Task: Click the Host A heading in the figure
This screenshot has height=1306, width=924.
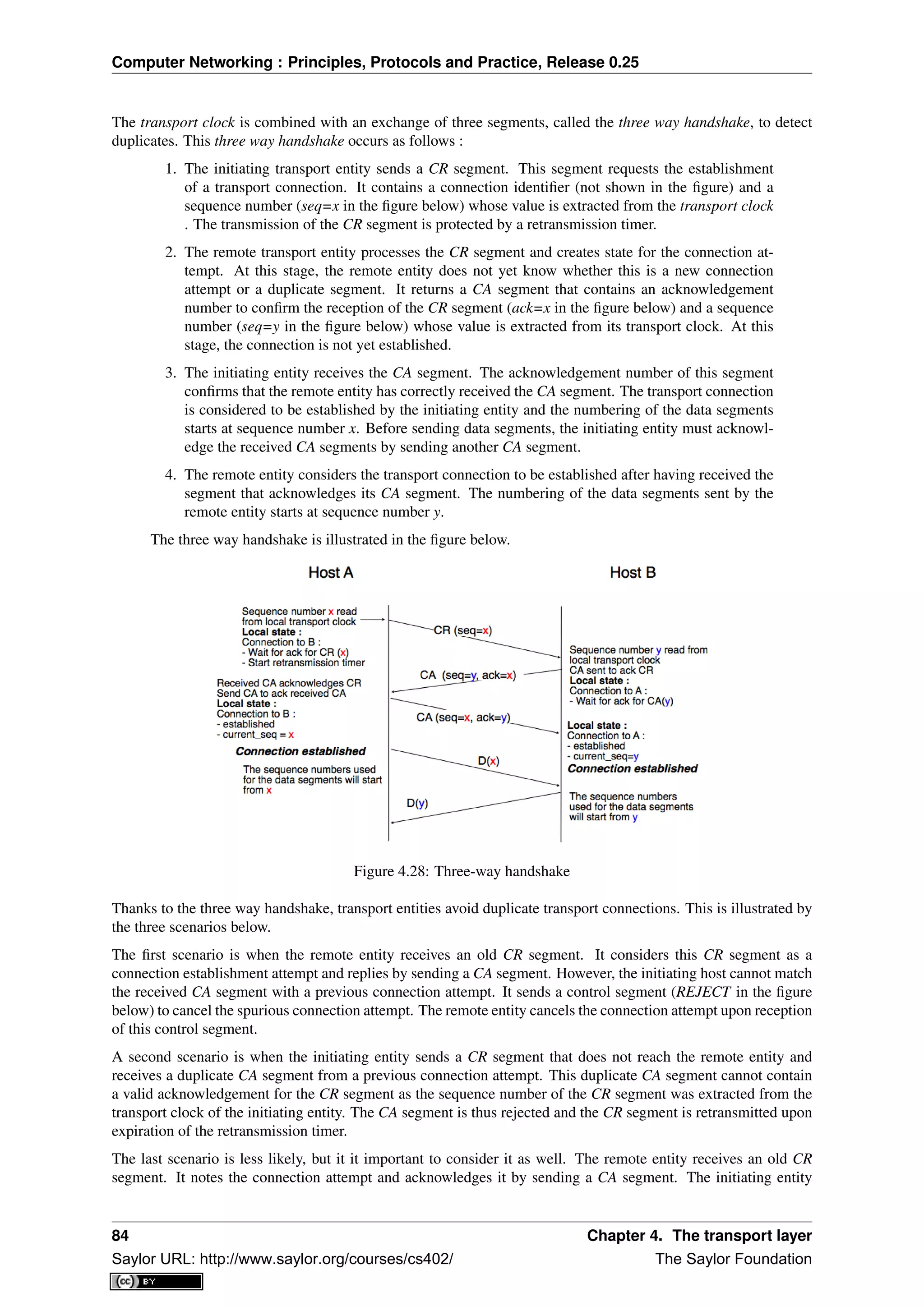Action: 331,573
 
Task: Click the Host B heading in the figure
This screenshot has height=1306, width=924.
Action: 632,573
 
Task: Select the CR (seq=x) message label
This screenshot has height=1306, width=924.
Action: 462,630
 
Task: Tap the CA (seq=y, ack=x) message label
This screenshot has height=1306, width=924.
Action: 468,675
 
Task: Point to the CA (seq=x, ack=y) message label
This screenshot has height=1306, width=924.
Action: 463,717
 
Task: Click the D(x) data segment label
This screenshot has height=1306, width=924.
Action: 488,761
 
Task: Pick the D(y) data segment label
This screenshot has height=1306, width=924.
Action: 417,803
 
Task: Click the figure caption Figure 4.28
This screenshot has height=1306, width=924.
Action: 462,871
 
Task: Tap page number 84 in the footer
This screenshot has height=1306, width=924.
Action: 120,1236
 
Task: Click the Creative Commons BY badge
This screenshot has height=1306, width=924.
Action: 157,1281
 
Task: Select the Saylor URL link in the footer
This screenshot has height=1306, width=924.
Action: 282,1259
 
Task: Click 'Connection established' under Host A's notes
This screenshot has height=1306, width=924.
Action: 300,751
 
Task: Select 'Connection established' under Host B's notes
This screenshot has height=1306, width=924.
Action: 632,768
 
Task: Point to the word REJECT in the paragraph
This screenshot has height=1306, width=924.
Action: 702,992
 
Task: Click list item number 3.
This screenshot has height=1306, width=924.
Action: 171,373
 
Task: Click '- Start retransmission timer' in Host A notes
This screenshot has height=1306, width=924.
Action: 303,662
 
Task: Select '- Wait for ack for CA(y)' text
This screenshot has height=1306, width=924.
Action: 621,701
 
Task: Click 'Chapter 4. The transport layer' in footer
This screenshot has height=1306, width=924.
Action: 699,1236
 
